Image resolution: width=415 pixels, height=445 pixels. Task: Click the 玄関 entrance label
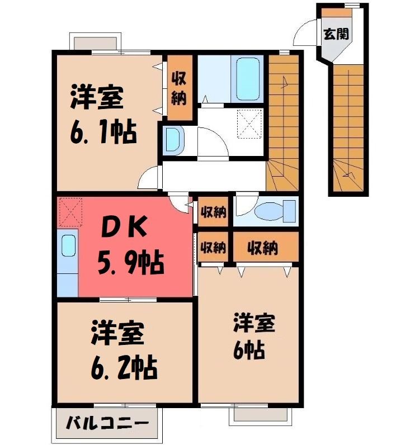click(336, 34)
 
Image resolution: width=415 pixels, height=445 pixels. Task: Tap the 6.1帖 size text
click(103, 132)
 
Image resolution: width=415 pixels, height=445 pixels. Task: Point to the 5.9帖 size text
click(131, 262)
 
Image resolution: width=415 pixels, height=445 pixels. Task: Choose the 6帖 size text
click(249, 351)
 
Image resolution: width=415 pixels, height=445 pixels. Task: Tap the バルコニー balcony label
click(107, 424)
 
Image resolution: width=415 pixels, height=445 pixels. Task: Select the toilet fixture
click(275, 211)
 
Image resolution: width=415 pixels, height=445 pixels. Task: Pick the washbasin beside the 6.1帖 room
click(173, 140)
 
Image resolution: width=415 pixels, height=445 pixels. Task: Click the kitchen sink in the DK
click(68, 246)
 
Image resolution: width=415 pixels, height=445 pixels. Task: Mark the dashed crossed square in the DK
click(70, 212)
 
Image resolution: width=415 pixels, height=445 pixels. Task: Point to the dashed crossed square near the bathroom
click(249, 124)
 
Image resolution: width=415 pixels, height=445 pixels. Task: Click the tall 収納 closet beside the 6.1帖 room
click(180, 87)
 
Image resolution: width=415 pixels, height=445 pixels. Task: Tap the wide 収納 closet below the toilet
click(266, 247)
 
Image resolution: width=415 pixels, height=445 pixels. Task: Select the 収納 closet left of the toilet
click(213, 212)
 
